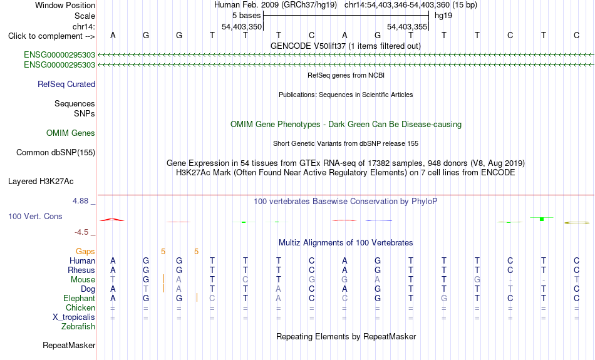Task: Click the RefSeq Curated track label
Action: coord(66,85)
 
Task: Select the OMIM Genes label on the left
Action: coord(71,133)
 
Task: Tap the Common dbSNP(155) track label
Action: coord(56,153)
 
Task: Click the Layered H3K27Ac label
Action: coord(41,182)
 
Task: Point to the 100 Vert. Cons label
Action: coord(35,216)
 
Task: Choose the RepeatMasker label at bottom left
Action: coord(69,345)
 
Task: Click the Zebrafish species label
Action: coord(78,326)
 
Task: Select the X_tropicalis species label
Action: coord(74,317)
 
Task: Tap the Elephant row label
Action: coord(79,298)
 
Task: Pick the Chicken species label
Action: coord(80,307)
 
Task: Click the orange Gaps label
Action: coord(85,252)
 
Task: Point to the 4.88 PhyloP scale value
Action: coord(80,201)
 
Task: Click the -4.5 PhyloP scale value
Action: coord(81,232)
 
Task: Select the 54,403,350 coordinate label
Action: coord(242,26)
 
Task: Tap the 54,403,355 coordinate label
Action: coord(407,26)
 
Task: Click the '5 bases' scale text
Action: coord(247,16)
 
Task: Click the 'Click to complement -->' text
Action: coord(51,36)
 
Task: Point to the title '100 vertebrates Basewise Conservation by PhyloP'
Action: coord(345,202)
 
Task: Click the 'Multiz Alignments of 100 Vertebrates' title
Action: coord(346,243)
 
